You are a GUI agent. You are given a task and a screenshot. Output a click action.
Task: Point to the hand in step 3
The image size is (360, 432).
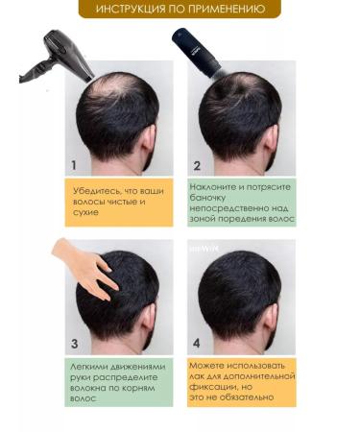(85, 263)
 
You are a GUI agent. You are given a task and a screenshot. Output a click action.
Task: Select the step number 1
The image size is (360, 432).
(74, 163)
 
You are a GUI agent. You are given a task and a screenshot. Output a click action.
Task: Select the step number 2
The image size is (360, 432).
(197, 163)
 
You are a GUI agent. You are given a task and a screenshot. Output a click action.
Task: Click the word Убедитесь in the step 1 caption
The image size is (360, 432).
(98, 190)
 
